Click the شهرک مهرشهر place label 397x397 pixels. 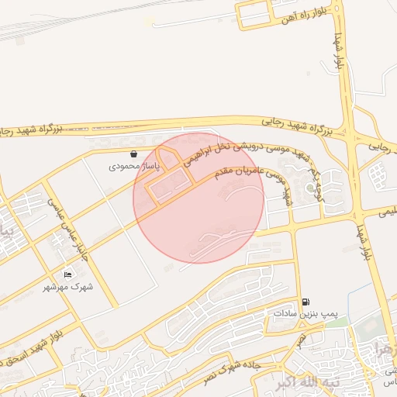coord(68,286)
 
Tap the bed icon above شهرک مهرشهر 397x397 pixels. coord(68,275)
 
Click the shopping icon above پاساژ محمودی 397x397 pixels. coord(134,155)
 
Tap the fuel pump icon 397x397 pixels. coord(306,302)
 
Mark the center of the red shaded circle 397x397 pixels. coord(198,198)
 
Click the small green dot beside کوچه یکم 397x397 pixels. coord(311,187)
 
